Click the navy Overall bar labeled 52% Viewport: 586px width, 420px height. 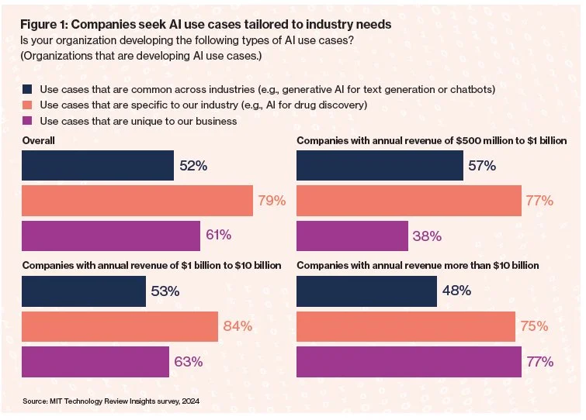coord(98,166)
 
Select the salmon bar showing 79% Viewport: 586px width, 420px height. coord(137,201)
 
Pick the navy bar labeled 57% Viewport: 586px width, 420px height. coord(380,166)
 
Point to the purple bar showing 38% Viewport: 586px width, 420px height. coord(352,236)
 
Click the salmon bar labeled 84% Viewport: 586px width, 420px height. coord(120,326)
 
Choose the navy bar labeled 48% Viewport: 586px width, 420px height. coord(366,291)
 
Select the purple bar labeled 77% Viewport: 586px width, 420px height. coord(409,361)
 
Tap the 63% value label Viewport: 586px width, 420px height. coord(189,361)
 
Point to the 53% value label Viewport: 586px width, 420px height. coord(165,291)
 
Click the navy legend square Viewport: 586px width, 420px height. coord(28,88)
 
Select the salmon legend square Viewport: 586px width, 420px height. coord(28,105)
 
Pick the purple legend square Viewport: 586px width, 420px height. coord(28,121)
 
